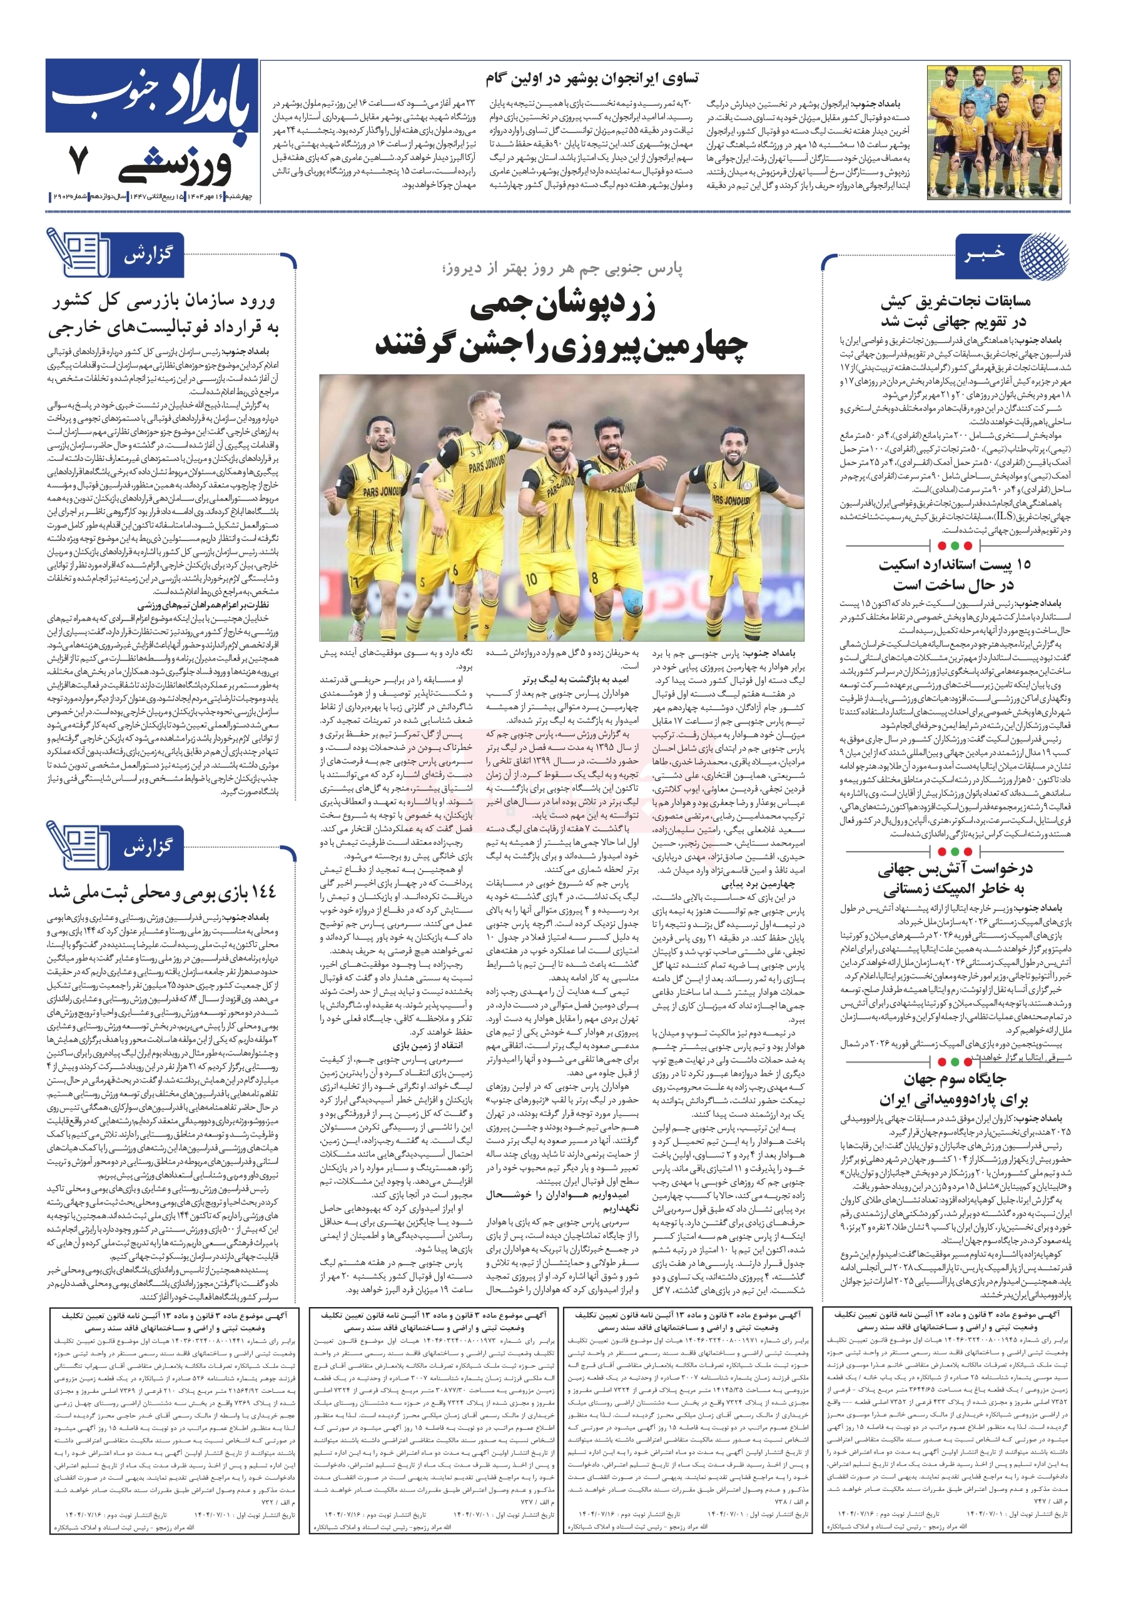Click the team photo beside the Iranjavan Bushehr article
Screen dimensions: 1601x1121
pyautogui.click(x=998, y=133)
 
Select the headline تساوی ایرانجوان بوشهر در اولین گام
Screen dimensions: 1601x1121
pyautogui.click(x=593, y=78)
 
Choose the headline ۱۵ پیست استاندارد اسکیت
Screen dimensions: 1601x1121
pyautogui.click(x=954, y=564)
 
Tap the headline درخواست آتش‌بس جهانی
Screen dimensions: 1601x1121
pyautogui.click(x=954, y=869)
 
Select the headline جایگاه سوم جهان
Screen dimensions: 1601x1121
pyautogui.click(x=954, y=1079)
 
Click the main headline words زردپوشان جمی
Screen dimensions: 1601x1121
pyautogui.click(x=562, y=306)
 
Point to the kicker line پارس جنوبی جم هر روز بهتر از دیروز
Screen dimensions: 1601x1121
pyautogui.click(x=562, y=268)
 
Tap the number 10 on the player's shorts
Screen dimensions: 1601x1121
pyautogui.click(x=532, y=578)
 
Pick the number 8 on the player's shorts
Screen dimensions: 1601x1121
pyautogui.click(x=595, y=578)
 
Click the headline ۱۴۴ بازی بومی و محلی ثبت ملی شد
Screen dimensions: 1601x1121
pyautogui.click(x=163, y=892)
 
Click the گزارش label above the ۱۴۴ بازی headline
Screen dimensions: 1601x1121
pyautogui.click(x=147, y=848)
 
